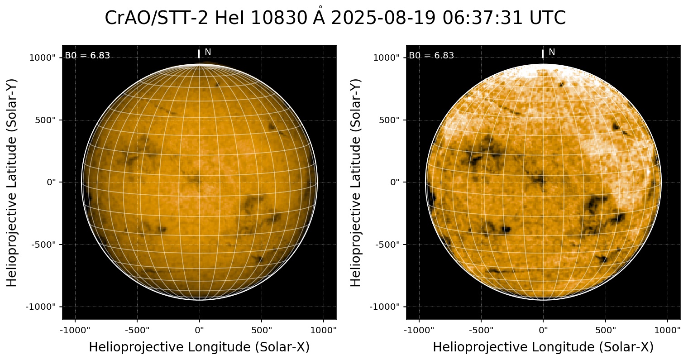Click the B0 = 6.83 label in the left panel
(87, 56)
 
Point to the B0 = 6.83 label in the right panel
(431, 56)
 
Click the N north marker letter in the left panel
(208, 52)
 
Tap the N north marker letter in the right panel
(552, 52)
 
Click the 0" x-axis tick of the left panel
(200, 329)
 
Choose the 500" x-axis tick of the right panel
(606, 329)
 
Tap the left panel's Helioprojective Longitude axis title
(199, 347)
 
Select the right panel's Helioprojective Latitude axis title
(356, 182)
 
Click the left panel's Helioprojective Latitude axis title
(12, 182)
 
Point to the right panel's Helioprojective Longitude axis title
(543, 347)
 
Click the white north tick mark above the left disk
(199, 54)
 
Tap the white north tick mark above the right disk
(543, 54)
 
